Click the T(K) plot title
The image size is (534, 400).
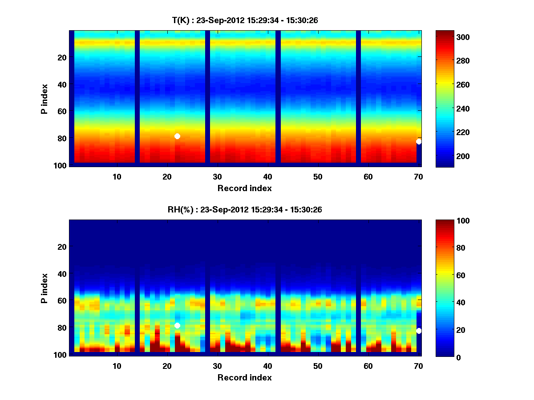(x=245, y=20)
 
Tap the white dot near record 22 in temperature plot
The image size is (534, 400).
(x=177, y=136)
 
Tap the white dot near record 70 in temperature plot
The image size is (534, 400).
(x=419, y=142)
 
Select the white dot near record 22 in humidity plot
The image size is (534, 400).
(x=177, y=325)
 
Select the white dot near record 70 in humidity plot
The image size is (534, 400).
(x=419, y=331)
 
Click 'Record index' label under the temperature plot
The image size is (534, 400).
(x=244, y=188)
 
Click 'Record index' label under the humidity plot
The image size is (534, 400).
(x=244, y=377)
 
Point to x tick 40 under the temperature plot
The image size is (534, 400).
(x=267, y=176)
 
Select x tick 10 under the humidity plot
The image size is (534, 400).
(x=117, y=366)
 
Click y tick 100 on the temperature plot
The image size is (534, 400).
(x=61, y=165)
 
